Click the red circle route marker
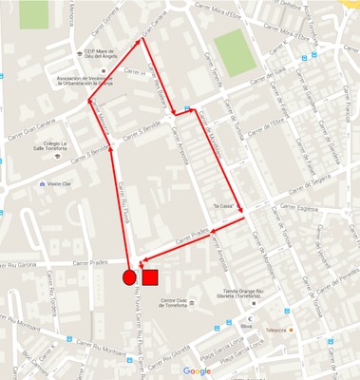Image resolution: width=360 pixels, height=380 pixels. [x=129, y=277]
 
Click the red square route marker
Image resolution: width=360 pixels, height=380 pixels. [x=149, y=277]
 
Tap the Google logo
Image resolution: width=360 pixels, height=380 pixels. [x=197, y=370]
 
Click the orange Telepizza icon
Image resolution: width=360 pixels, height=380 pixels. [x=292, y=331]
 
